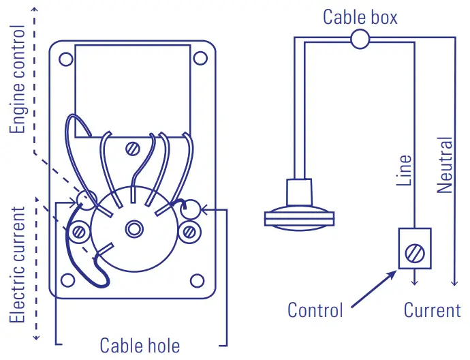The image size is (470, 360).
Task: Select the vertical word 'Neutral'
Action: pos(444,165)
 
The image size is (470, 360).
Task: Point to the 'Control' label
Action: pos(315,310)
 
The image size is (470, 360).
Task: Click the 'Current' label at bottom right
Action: pos(432,310)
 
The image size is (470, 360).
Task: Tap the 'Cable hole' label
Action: pos(140,345)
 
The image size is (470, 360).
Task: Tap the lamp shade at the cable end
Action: pos(300,217)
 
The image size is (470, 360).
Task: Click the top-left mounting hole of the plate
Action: pos(66,59)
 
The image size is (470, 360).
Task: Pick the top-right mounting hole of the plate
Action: pos(200,59)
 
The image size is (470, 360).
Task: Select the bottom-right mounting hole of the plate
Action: pos(197,280)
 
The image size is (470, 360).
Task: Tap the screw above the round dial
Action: pos(134,147)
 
